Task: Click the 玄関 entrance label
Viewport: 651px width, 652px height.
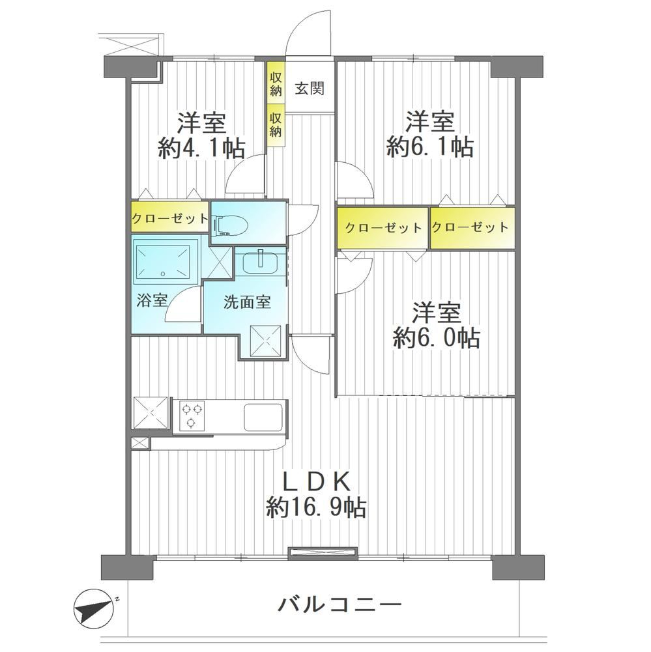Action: click(310, 89)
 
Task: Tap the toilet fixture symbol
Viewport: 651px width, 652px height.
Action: click(230, 225)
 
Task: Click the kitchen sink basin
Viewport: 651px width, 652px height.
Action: click(264, 417)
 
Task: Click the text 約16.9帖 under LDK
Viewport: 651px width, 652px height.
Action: click(316, 507)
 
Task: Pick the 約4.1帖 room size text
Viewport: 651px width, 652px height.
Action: click(202, 148)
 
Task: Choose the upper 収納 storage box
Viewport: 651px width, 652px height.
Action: click(276, 85)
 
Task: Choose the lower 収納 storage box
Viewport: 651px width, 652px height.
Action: click(276, 125)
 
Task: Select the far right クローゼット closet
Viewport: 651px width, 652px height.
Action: click(472, 228)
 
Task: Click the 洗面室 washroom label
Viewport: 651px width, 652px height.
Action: click(247, 302)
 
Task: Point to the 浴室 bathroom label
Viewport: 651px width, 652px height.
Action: click(152, 300)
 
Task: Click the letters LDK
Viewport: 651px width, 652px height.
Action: click(315, 483)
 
